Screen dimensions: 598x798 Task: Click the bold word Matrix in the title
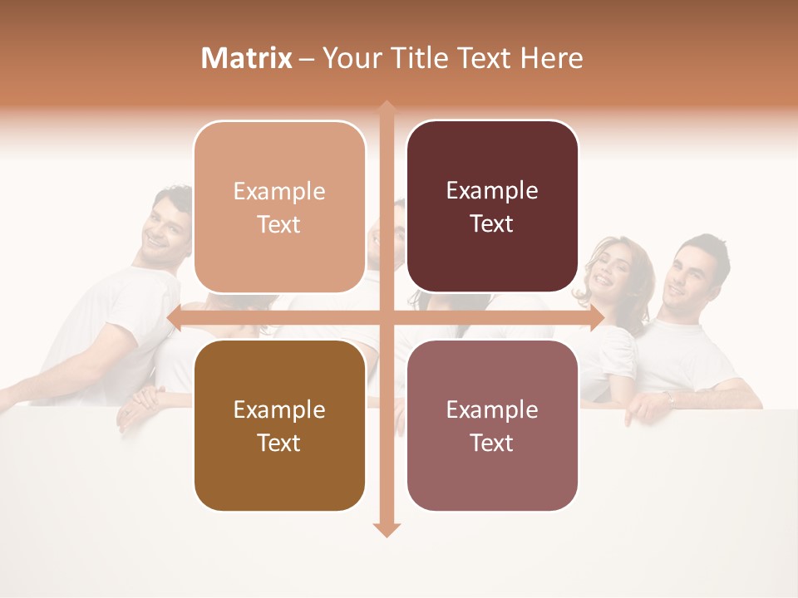(x=247, y=58)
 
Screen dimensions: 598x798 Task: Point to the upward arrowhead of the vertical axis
(x=387, y=108)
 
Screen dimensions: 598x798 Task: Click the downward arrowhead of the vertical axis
(x=387, y=529)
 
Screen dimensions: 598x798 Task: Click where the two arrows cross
(x=387, y=318)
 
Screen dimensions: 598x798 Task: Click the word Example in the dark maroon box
(x=492, y=191)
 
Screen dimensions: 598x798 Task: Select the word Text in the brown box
(x=279, y=443)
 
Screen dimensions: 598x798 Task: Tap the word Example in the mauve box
(x=492, y=409)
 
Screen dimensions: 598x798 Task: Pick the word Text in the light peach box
(x=279, y=224)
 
